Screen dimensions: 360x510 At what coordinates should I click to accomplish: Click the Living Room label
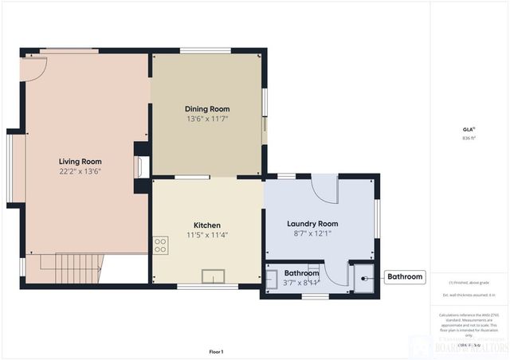pos(80,161)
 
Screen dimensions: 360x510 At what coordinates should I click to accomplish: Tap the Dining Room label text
pos(207,109)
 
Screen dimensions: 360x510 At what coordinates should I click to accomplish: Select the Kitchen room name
pos(206,225)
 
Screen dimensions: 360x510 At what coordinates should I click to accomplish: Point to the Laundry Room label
pos(312,224)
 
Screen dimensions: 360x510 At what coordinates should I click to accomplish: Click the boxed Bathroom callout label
pos(405,277)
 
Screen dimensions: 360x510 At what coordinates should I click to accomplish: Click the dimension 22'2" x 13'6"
pos(80,171)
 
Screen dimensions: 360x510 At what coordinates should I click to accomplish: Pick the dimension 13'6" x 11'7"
pos(207,119)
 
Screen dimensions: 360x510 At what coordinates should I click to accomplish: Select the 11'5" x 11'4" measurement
pos(206,236)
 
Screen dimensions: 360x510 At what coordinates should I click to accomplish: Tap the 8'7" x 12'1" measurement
pos(312,234)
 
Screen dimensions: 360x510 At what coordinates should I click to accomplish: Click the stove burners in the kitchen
pos(160,245)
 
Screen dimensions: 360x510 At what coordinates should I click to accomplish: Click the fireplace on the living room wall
pos(142,166)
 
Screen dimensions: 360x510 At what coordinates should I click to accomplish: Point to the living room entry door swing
pos(34,67)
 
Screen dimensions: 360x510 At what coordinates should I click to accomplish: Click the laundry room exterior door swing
pos(325,189)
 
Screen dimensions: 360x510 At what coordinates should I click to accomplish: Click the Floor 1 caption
pos(216,351)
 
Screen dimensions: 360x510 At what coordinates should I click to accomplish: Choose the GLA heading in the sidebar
pos(468,129)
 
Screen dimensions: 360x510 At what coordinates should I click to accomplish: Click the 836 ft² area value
pos(468,139)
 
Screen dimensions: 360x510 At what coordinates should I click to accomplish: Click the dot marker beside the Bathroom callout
pos(366,278)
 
